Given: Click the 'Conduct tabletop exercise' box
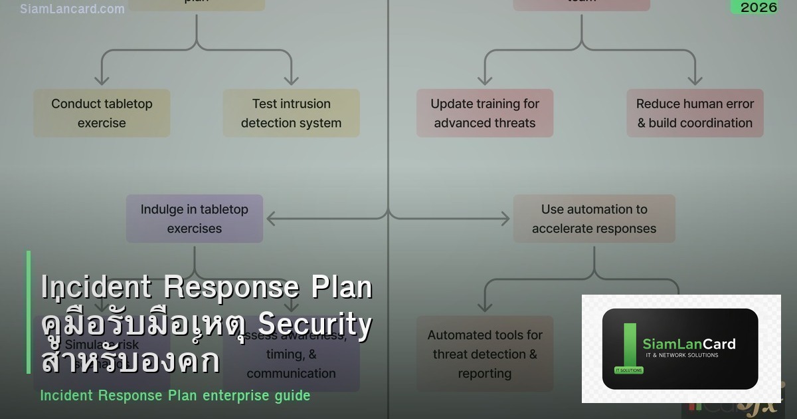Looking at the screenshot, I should click(102, 113).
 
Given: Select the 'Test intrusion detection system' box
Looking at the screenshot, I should click(291, 113).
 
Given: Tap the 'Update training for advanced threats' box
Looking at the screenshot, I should click(485, 113).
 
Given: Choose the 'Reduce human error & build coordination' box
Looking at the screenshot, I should click(695, 113).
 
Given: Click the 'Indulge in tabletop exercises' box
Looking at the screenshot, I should click(195, 218).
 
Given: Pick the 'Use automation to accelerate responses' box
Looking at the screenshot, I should click(594, 218).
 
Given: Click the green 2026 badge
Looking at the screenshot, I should click(758, 7).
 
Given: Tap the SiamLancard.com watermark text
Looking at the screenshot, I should click(72, 9).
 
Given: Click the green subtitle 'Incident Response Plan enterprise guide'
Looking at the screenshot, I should click(175, 395).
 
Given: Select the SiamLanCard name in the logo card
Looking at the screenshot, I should click(689, 344).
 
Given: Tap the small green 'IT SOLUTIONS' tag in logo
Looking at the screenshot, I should click(624, 370).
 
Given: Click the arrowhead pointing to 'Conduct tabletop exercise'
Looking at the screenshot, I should click(102, 80).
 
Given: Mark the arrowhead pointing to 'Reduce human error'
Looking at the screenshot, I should click(695, 80).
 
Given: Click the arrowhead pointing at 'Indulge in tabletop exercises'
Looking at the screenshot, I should click(272, 218).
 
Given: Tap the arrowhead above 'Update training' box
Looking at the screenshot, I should click(485, 80).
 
